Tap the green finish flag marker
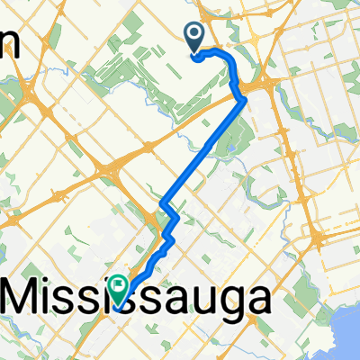[x=120, y=289]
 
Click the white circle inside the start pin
[x=195, y=34]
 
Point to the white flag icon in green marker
[x=120, y=284]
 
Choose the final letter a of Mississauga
[x=256, y=299]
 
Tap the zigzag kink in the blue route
[x=170, y=225]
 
